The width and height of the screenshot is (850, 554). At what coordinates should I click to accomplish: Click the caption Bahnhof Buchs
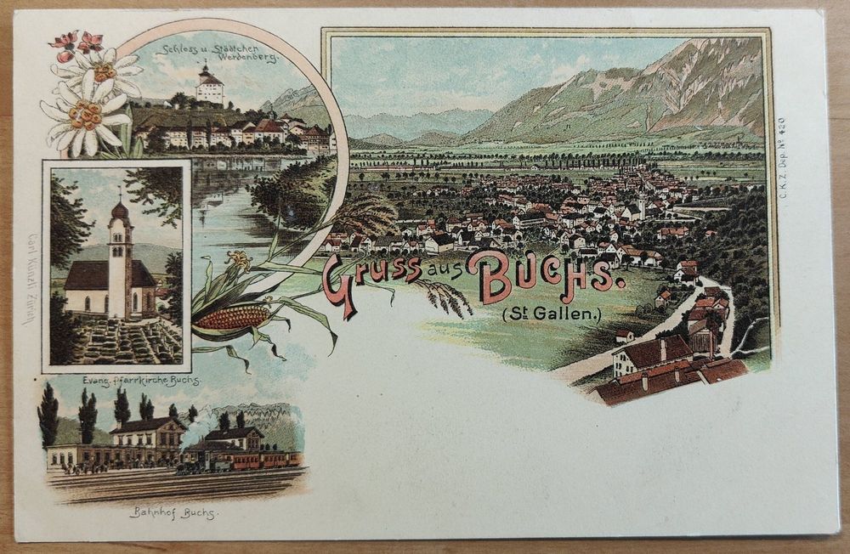pos(173,512)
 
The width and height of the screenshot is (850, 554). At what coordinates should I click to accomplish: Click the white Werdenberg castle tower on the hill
pos(210,87)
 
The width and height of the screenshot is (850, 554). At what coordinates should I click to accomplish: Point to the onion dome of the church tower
pos(120,208)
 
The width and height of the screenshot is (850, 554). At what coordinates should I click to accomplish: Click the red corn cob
pos(231,317)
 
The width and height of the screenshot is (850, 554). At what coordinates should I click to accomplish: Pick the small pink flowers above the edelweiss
pos(76,42)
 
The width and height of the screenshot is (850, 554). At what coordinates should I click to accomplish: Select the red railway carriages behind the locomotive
pos(263,460)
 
